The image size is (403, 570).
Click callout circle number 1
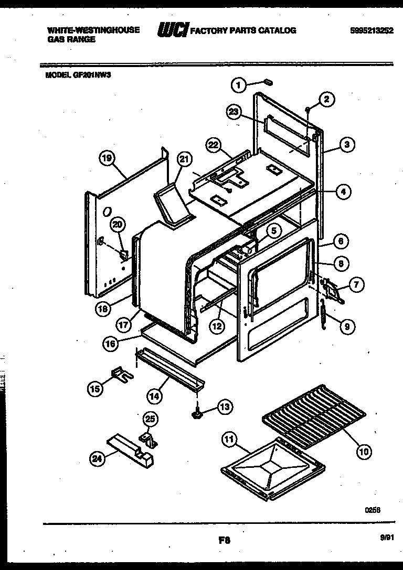[239, 84]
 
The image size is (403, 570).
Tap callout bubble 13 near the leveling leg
[225, 405]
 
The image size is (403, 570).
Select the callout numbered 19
[107, 158]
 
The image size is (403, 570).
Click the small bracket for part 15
[120, 374]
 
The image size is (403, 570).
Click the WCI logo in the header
[172, 31]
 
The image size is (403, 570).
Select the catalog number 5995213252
[372, 30]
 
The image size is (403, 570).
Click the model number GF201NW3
[79, 74]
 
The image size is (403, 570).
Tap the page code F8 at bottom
[224, 538]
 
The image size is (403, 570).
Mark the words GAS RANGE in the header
[71, 39]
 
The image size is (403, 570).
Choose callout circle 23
[235, 112]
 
